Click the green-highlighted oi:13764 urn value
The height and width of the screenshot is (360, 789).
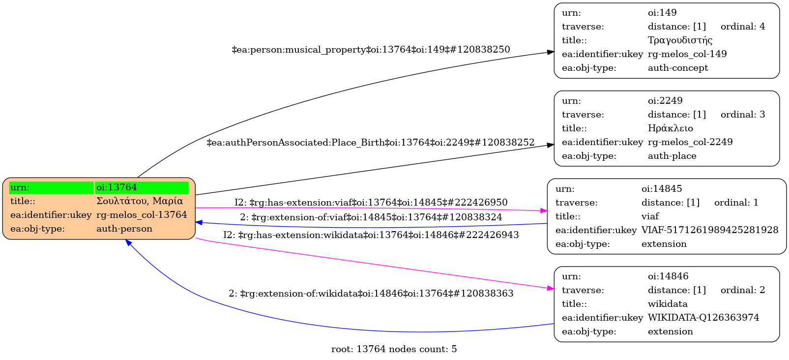tap(117, 187)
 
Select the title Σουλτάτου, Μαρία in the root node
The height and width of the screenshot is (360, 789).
tap(140, 201)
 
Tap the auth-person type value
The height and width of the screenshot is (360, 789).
tap(124, 229)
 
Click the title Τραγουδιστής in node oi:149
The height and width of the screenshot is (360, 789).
tap(680, 40)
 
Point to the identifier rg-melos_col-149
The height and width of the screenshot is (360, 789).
tap(687, 54)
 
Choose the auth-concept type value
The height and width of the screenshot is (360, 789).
tap(678, 68)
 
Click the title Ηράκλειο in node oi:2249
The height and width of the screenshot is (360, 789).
tap(671, 128)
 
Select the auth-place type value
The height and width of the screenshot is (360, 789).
tap(672, 156)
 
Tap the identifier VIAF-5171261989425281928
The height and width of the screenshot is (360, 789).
tap(710, 230)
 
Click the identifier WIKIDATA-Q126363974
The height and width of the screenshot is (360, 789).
tap(703, 318)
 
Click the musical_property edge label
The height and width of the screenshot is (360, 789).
tap(371, 50)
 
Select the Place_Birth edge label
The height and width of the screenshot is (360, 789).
tap(371, 143)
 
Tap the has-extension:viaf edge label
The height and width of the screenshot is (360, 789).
tap(371, 203)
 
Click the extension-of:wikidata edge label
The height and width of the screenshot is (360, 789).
tap(371, 294)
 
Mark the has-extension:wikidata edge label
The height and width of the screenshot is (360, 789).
tap(371, 235)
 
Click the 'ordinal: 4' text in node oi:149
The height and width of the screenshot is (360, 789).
tap(743, 27)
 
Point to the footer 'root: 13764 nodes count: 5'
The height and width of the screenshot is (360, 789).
tap(394, 349)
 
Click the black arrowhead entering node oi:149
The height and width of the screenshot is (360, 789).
tap(551, 52)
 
